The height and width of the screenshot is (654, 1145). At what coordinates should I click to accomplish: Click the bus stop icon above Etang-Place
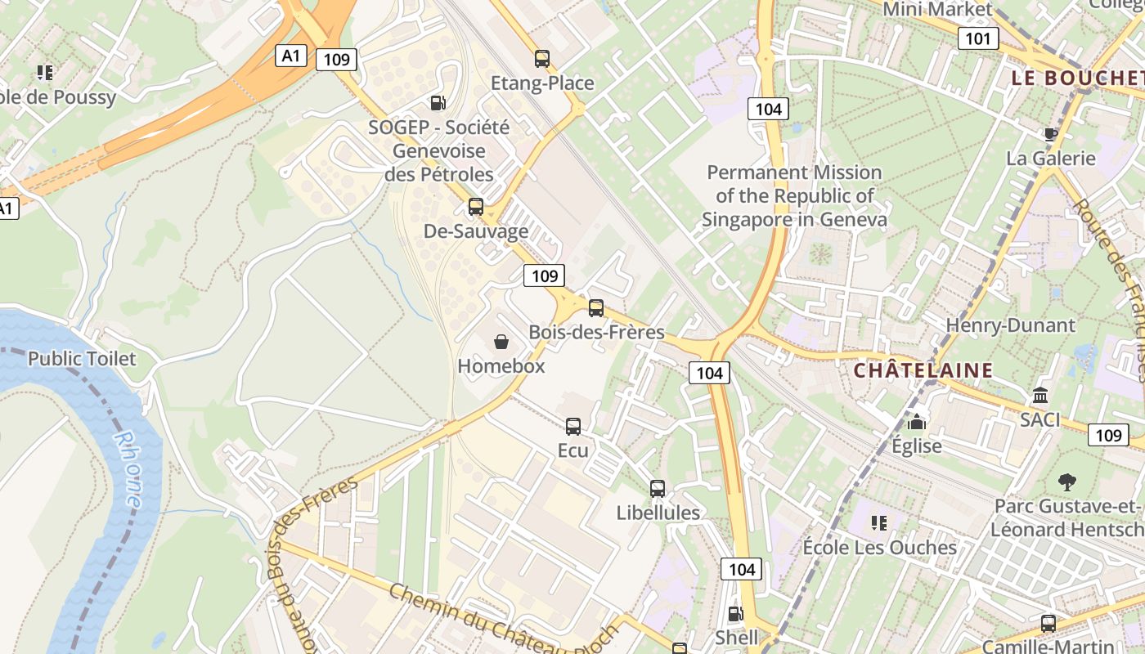click(x=542, y=59)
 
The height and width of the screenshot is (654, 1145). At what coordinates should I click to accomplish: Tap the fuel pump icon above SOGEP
click(x=438, y=103)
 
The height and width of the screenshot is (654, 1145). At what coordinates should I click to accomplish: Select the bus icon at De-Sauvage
click(x=476, y=207)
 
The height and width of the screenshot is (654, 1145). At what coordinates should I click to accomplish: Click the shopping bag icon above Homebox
click(x=501, y=342)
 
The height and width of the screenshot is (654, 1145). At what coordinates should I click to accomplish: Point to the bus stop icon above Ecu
click(x=573, y=426)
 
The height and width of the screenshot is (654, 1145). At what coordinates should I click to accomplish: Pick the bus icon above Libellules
click(x=658, y=489)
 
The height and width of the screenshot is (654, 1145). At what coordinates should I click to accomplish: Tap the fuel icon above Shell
click(x=736, y=614)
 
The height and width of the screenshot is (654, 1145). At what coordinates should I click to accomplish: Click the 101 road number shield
click(x=978, y=38)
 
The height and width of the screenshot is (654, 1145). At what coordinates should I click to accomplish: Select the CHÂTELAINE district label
click(x=923, y=370)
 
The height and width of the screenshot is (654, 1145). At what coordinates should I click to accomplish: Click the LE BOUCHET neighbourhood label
click(x=1077, y=78)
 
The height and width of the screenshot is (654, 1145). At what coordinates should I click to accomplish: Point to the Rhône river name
click(x=127, y=469)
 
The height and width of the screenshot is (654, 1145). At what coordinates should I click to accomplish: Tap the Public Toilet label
click(x=82, y=359)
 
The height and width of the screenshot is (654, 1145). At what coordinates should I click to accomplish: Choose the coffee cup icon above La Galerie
click(x=1051, y=134)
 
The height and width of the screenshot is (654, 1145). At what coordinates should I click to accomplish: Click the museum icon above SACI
click(x=1040, y=396)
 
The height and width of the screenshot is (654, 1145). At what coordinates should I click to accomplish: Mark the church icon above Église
click(x=918, y=422)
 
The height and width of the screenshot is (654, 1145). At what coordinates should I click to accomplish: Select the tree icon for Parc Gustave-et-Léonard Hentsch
click(x=1067, y=482)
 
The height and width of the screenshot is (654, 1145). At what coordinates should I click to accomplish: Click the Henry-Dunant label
click(x=1010, y=325)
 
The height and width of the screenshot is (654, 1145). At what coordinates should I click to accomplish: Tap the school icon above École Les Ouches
click(x=879, y=522)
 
